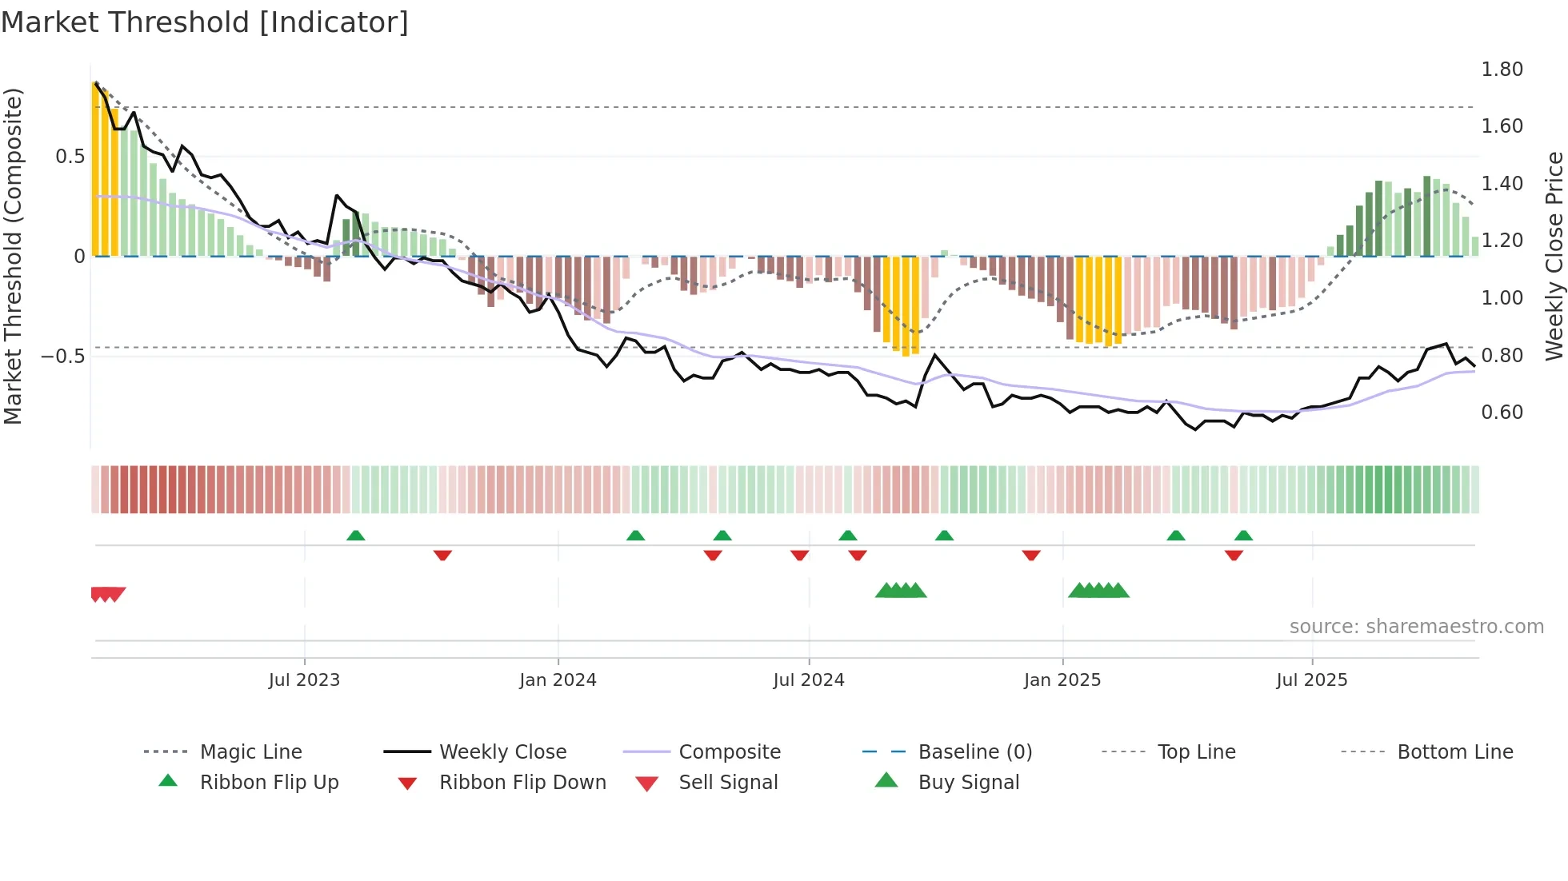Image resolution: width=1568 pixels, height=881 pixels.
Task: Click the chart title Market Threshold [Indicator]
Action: click(205, 22)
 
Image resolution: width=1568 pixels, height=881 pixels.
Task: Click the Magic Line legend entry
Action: click(250, 752)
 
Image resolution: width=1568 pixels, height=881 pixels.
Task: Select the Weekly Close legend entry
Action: click(502, 752)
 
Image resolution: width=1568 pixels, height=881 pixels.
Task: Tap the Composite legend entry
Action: click(729, 752)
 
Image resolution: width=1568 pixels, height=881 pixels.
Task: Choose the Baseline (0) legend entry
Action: click(974, 752)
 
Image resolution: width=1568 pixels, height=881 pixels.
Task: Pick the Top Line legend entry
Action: click(1196, 752)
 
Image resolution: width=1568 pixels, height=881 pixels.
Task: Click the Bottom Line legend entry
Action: click(1454, 752)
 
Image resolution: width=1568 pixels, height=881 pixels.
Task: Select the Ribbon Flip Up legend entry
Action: click(269, 783)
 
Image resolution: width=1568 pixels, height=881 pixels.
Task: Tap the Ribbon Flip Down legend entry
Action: click(522, 783)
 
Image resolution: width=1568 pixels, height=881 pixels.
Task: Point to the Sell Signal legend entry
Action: click(727, 783)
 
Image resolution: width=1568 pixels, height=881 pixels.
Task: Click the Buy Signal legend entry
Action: click(968, 783)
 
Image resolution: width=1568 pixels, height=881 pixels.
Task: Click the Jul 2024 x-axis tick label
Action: click(808, 680)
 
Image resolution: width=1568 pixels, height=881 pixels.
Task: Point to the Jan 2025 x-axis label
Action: click(1062, 680)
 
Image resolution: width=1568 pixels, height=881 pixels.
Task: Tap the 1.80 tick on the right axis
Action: click(1502, 70)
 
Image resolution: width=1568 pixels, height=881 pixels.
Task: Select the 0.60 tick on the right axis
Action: click(1502, 413)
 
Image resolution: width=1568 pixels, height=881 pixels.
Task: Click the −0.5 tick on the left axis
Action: click(63, 356)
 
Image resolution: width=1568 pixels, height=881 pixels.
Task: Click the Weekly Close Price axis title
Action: click(1554, 256)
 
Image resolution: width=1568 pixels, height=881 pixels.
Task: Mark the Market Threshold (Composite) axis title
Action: click(13, 256)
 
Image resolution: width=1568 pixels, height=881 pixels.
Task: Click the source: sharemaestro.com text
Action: click(1416, 627)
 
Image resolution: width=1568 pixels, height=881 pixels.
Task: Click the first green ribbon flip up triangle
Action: click(356, 535)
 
